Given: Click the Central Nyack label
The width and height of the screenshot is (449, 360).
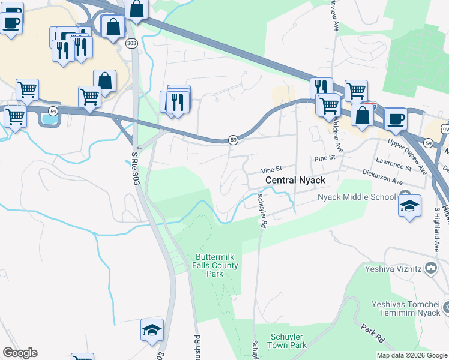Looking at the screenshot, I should click(x=295, y=180).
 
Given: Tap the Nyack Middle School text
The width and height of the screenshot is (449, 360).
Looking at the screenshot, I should click(x=357, y=197).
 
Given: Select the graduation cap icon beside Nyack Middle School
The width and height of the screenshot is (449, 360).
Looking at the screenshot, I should click(x=409, y=206).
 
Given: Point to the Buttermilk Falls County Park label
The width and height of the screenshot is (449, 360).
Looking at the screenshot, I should click(x=217, y=265).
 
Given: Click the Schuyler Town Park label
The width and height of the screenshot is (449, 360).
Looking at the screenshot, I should click(x=289, y=341).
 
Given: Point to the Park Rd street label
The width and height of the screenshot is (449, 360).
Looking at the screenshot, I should click(x=373, y=331).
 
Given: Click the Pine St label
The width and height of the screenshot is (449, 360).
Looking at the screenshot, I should click(x=324, y=157).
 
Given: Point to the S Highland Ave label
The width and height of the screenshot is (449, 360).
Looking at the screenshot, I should click(x=436, y=229).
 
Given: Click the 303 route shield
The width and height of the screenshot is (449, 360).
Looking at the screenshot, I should click(x=131, y=43).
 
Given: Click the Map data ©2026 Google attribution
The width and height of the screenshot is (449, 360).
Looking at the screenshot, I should click(x=412, y=355).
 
